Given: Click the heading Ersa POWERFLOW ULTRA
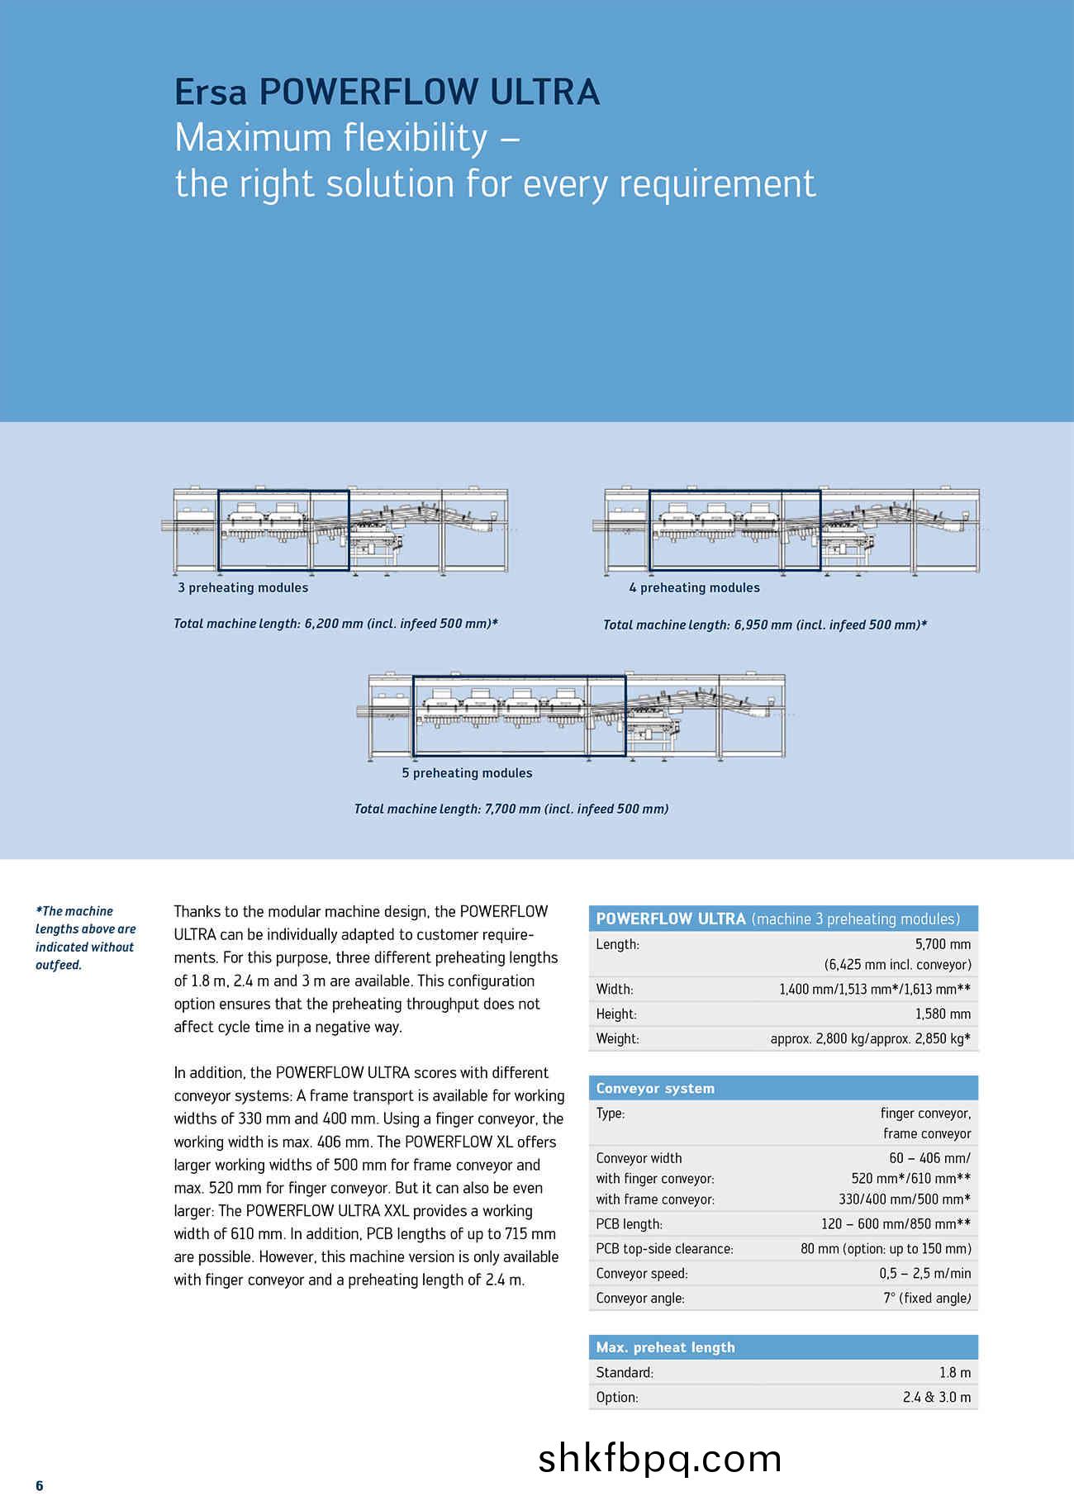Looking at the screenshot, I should (x=387, y=92).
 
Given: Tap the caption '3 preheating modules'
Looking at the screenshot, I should (x=243, y=587).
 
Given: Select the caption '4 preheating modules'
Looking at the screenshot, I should (x=694, y=587).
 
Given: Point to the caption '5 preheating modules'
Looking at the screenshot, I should (x=467, y=772).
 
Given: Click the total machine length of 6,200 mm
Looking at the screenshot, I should (x=335, y=624).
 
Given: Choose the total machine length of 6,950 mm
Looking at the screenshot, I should (x=765, y=625).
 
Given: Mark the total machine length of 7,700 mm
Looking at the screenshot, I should (x=511, y=809).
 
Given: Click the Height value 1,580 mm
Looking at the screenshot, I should (x=943, y=1014).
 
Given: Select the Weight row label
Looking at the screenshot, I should (x=617, y=1038).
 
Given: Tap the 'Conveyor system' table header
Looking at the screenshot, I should (x=655, y=1088).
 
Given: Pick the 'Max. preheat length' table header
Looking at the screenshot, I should (x=665, y=1347).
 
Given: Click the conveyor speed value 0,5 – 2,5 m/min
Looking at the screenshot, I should (x=924, y=1273).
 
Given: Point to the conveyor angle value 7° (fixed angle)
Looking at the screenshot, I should (x=927, y=1298).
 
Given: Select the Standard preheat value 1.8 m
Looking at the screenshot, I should (x=954, y=1372).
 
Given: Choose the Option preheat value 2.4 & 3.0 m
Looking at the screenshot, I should (x=937, y=1397).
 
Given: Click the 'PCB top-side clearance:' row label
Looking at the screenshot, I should (x=664, y=1248).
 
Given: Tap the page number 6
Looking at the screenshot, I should (x=40, y=1485).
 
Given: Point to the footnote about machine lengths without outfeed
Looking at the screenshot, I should (x=85, y=938).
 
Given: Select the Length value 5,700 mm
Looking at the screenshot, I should (x=943, y=944).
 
